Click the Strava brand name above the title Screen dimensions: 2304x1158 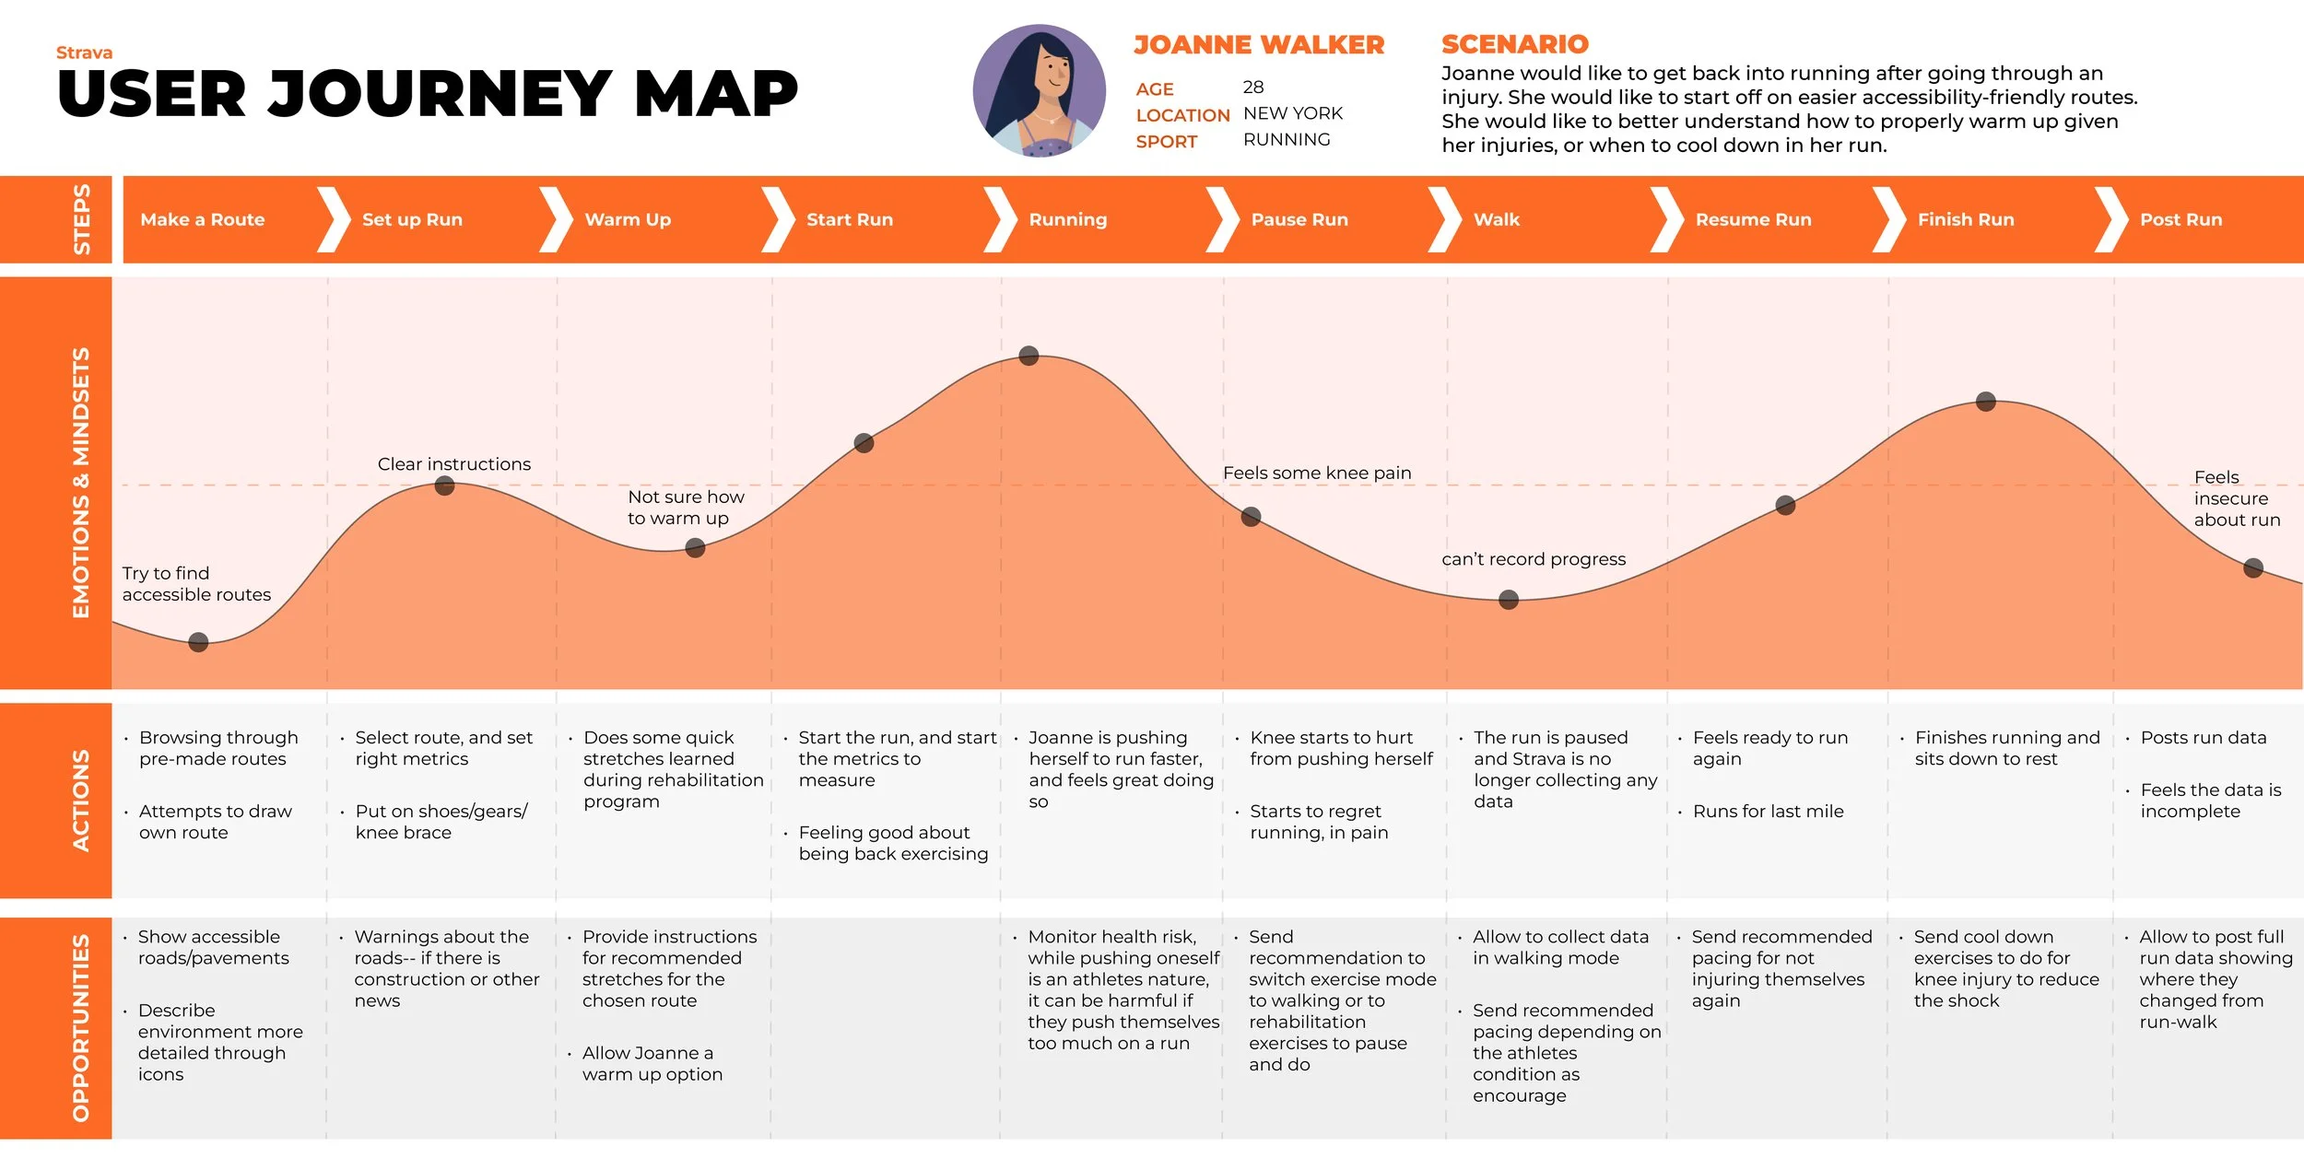[x=84, y=53]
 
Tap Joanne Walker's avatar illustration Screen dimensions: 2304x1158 [x=1039, y=90]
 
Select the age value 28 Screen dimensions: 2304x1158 [x=1252, y=87]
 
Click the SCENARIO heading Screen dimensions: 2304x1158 [x=1514, y=44]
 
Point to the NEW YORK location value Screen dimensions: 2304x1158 [x=1292, y=113]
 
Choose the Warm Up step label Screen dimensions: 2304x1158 [x=628, y=219]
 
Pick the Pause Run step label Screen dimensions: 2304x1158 [x=1299, y=219]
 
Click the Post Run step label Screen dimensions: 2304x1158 [x=2181, y=219]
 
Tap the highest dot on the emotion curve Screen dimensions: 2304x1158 [x=1029, y=356]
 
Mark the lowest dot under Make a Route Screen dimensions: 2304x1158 [x=198, y=642]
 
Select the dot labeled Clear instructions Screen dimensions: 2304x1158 [x=444, y=485]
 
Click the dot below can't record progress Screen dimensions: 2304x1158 [x=1508, y=600]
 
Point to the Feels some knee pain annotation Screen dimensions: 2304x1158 [x=1316, y=473]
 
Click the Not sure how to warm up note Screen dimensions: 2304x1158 [x=686, y=508]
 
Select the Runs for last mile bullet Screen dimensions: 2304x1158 [x=1768, y=812]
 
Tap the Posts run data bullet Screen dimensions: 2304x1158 [x=2203, y=738]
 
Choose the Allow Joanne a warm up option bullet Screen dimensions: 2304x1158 [x=652, y=1063]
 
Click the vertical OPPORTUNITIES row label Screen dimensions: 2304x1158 [x=81, y=1027]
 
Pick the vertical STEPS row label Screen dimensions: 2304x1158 [x=81, y=219]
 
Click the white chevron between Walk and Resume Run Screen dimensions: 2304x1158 [x=1666, y=219]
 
